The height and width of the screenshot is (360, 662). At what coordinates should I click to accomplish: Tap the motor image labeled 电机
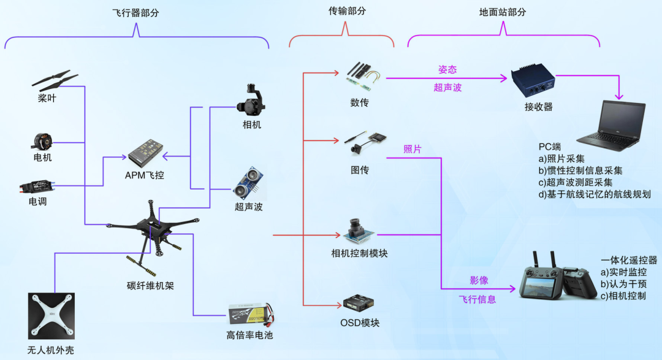tap(42, 142)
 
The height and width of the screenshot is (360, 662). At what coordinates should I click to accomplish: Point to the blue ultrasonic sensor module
tap(248, 182)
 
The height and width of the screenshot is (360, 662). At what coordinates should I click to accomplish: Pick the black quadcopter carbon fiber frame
tap(152, 236)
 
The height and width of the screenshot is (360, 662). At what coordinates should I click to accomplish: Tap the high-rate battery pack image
tap(249, 316)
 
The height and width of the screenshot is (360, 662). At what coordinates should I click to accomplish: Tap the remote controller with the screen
tap(555, 281)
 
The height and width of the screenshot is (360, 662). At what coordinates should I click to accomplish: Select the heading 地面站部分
tap(503, 12)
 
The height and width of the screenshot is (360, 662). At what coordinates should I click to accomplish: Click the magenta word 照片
tap(413, 149)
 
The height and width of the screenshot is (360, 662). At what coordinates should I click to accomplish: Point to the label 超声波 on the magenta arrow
tap(447, 88)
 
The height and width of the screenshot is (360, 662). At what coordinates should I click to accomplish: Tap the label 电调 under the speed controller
tap(38, 201)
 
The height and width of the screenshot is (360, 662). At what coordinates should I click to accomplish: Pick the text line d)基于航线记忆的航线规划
tap(595, 194)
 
